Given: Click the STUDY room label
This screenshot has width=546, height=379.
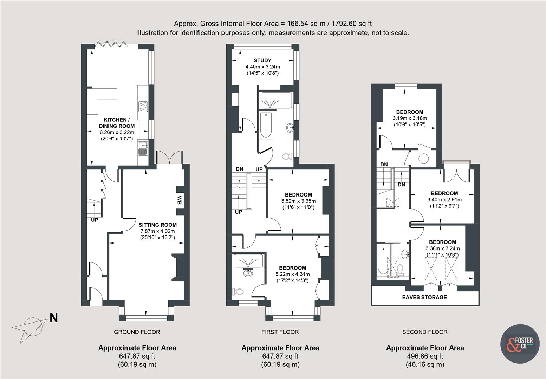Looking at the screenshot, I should click(262, 60).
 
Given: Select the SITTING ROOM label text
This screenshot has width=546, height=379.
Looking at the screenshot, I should click(157, 225).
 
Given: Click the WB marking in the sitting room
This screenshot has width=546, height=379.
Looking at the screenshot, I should click(179, 200).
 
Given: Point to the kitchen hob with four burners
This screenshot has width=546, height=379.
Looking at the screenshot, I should click(143, 106).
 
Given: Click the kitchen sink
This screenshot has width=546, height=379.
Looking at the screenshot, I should click(143, 148).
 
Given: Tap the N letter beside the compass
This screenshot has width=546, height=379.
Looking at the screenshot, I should click(53, 318).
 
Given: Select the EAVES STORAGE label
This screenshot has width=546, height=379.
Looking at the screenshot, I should click(424, 297).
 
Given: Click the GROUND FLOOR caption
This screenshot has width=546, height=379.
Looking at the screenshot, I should click(137, 332).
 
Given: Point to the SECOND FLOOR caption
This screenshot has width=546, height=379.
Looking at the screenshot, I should click(425, 332).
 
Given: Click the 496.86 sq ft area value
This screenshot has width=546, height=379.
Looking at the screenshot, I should click(425, 356).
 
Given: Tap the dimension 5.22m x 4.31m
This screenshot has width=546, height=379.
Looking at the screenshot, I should click(293, 274).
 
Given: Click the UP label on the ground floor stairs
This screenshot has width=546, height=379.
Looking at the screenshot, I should click(95, 220).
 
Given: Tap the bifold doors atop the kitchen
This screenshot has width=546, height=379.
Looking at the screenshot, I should click(111, 44).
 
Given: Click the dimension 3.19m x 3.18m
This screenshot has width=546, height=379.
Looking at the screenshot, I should click(410, 118).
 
